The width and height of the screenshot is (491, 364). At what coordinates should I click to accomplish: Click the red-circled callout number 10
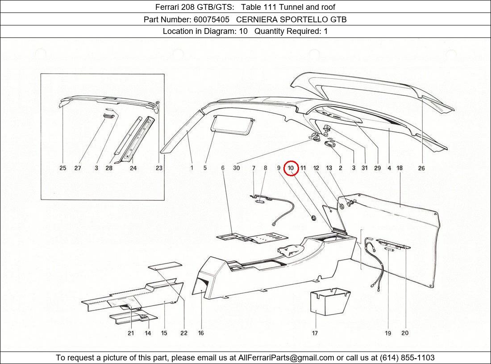pyautogui.click(x=291, y=168)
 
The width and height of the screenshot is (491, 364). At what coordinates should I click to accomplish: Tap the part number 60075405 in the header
pyautogui.click(x=212, y=19)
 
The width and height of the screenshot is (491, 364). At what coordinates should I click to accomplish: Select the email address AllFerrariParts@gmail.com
pyautogui.click(x=286, y=358)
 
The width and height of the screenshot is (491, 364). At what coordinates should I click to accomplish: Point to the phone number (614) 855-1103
pyautogui.click(x=407, y=358)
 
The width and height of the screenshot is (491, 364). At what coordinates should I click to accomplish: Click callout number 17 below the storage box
pyautogui.click(x=315, y=333)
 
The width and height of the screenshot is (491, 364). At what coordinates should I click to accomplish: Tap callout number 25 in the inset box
pyautogui.click(x=62, y=168)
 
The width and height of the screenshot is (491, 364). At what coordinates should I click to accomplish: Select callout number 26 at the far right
pyautogui.click(x=421, y=168)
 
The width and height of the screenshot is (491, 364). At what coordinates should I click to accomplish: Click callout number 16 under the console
pyautogui.click(x=201, y=333)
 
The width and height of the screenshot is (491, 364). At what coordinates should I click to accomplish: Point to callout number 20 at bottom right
pyautogui.click(x=405, y=333)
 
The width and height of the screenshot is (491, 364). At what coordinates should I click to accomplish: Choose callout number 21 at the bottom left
pyautogui.click(x=131, y=333)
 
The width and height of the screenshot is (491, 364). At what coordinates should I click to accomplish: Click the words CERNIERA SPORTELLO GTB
pyautogui.click(x=291, y=19)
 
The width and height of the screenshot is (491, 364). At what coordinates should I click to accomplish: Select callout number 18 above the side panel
pyautogui.click(x=399, y=168)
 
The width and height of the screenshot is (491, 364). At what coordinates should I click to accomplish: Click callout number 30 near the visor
pyautogui.click(x=236, y=168)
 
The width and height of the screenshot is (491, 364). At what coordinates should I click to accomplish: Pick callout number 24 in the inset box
pyautogui.click(x=133, y=168)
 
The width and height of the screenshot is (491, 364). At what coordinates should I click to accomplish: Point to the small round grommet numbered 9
pyautogui.click(x=313, y=218)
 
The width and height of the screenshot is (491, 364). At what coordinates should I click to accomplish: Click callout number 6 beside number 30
pyautogui.click(x=223, y=168)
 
